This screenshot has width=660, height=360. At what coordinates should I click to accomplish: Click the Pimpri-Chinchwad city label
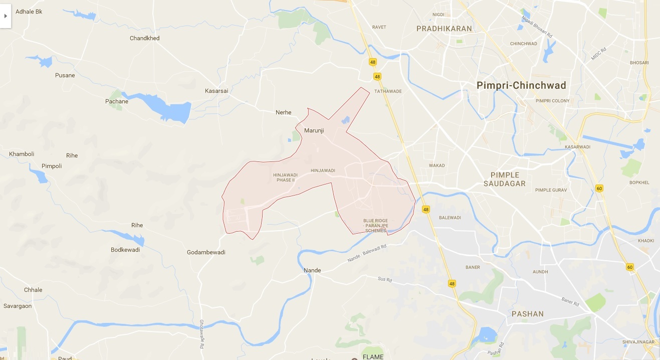pyautogui.click(x=521, y=85)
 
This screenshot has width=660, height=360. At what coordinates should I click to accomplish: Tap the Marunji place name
pyautogui.click(x=314, y=130)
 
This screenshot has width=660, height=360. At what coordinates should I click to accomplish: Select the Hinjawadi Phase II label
pyautogui.click(x=285, y=177)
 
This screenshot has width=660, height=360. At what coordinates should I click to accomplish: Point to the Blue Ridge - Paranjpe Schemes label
pyautogui.click(x=376, y=226)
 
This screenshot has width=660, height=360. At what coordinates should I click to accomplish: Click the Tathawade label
pyautogui.click(x=388, y=91)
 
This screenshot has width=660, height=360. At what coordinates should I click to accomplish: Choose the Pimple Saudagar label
pyautogui.click(x=505, y=179)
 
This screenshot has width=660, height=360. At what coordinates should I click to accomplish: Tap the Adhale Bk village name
pyautogui.click(x=29, y=11)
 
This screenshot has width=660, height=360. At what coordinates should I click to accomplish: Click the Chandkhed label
pyautogui.click(x=145, y=38)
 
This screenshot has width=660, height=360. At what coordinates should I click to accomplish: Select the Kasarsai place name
pyautogui.click(x=216, y=91)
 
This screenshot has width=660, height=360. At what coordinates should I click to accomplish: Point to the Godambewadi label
pyautogui.click(x=206, y=252)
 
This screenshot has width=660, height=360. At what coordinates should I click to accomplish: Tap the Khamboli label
pyautogui.click(x=22, y=154)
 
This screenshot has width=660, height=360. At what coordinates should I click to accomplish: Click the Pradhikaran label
pyautogui.click(x=444, y=29)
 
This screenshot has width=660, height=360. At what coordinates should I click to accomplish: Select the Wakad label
pyautogui.click(x=437, y=165)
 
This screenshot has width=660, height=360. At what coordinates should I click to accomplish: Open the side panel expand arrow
pyautogui.click(x=6, y=16)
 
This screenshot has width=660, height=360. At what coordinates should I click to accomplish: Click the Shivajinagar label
pyautogui.click(x=639, y=342)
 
